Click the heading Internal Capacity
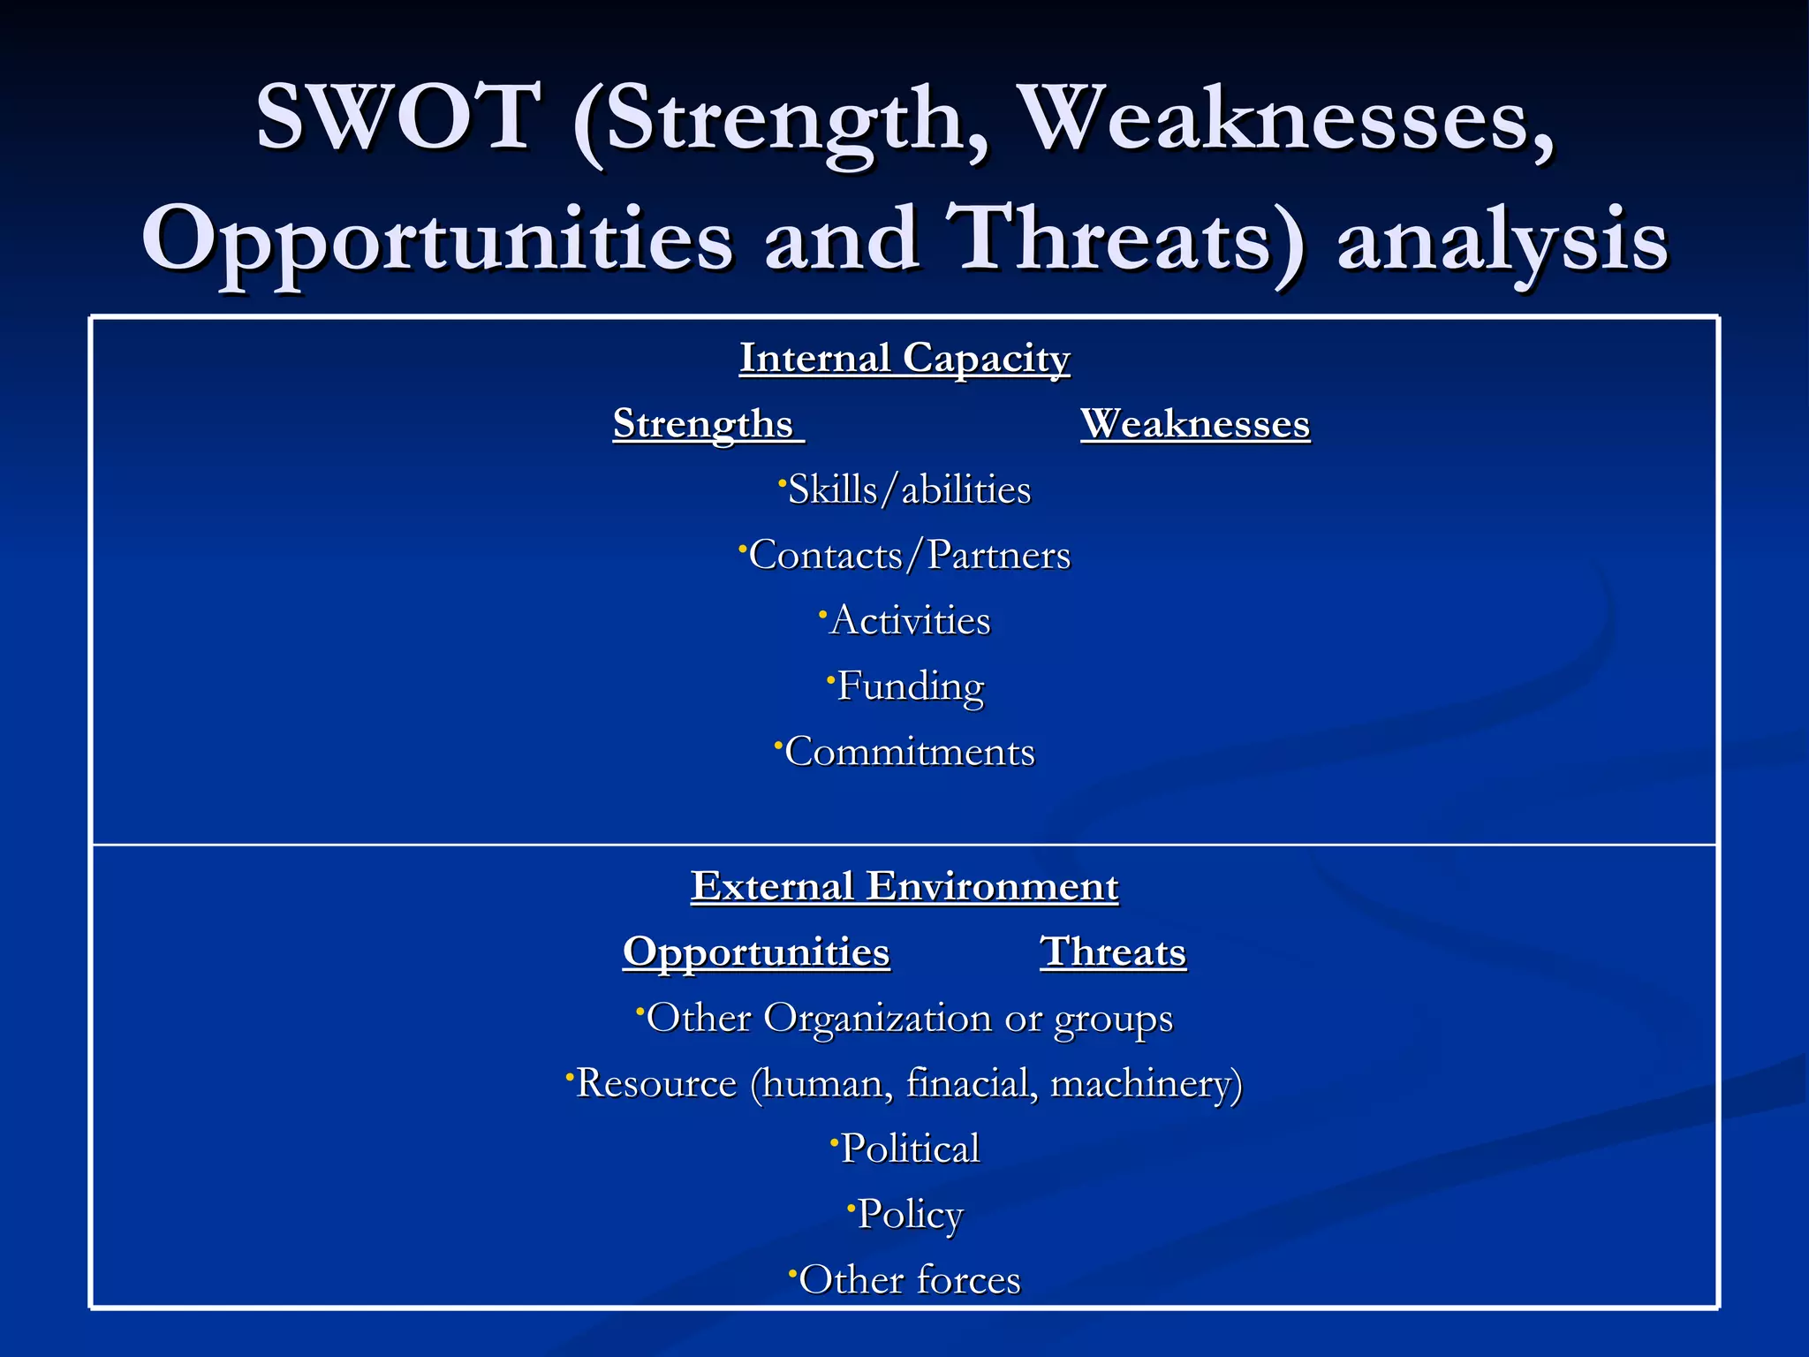click(x=904, y=359)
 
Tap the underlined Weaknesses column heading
click(x=1195, y=424)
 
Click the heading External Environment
click(x=904, y=887)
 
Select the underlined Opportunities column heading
click(x=756, y=952)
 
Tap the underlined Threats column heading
click(x=1113, y=952)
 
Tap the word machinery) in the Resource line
click(x=1146, y=1084)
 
